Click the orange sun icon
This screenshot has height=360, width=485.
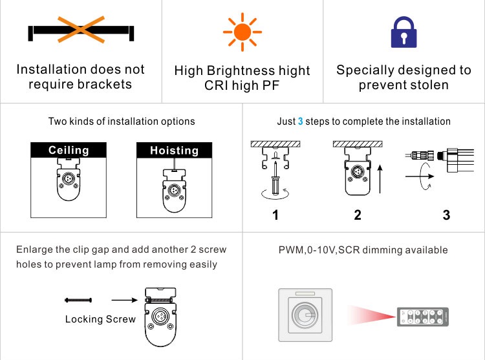tap(242, 32)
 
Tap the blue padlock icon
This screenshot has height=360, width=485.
tap(404, 32)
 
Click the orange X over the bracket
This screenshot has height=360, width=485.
tap(81, 29)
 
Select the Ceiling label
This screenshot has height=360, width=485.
tap(69, 150)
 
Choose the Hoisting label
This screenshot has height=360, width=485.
tap(174, 151)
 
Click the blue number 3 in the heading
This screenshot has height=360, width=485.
tap(300, 121)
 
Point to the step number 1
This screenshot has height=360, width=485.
tap(275, 215)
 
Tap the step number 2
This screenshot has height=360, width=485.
tap(358, 215)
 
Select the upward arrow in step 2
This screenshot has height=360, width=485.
tap(380, 179)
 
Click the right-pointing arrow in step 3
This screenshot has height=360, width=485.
tap(420, 176)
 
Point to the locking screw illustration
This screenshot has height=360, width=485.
tap(78, 300)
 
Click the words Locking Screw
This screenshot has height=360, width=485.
tap(100, 319)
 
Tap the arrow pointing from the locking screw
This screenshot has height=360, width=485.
tap(124, 300)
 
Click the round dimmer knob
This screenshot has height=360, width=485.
tap(305, 315)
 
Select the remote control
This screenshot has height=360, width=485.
tap(423, 317)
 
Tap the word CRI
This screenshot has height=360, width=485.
tap(216, 85)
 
